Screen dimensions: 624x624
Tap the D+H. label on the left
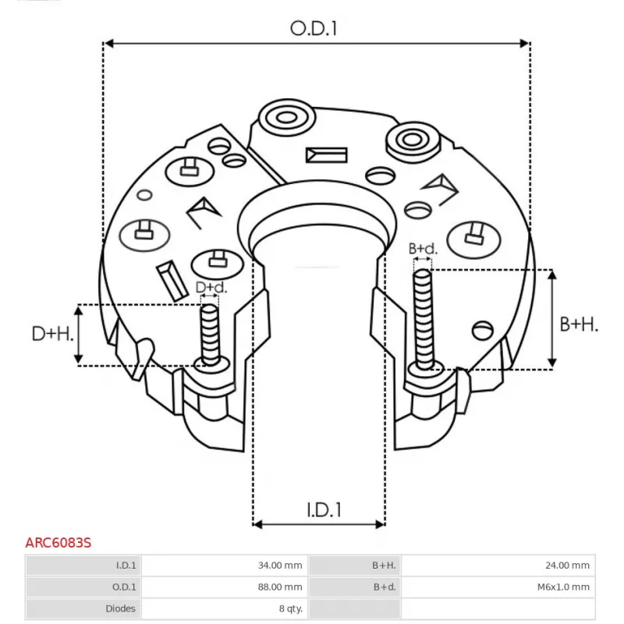pyautogui.click(x=53, y=335)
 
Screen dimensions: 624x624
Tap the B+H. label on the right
pyautogui.click(x=580, y=324)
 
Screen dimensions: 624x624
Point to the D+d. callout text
pyautogui.click(x=211, y=288)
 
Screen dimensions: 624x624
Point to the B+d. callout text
pyautogui.click(x=423, y=249)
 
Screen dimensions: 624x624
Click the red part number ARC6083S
pyautogui.click(x=58, y=542)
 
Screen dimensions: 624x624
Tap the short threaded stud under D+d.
pyautogui.click(x=210, y=334)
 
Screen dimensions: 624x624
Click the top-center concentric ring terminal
pyautogui.click(x=284, y=119)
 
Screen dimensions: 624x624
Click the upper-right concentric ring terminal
pyautogui.click(x=410, y=140)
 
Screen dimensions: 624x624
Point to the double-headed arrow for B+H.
pyautogui.click(x=552, y=318)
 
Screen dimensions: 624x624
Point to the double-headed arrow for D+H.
pyautogui.click(x=79, y=335)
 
